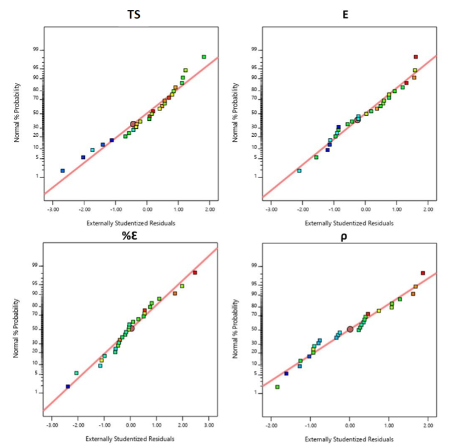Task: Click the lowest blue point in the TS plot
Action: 63,171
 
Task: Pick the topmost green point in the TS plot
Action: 204,57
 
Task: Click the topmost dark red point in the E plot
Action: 416,57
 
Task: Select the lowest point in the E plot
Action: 299,171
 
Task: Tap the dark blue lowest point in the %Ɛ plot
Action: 68,386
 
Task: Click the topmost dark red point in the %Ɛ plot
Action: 195,272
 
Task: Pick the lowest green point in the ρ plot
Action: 278,387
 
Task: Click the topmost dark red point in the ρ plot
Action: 423,273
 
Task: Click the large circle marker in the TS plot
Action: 133,124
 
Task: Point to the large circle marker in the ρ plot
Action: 350,329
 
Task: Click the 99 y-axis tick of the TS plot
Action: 37,50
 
